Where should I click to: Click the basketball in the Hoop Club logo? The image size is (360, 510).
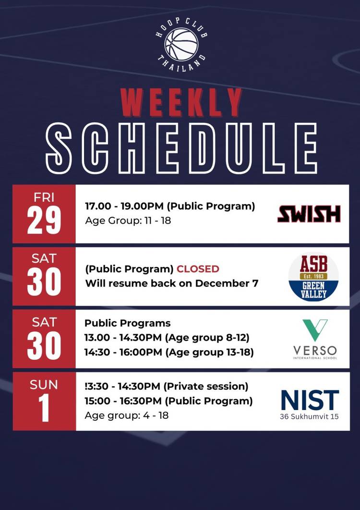(x=181, y=44)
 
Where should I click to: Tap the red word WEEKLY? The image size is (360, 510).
(x=181, y=103)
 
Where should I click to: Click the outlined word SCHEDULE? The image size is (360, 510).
(x=181, y=148)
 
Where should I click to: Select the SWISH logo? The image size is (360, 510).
(x=309, y=214)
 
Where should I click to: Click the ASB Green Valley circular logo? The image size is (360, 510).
(x=313, y=277)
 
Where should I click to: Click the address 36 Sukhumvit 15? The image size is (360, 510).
(x=309, y=416)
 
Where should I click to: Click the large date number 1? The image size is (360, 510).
(x=44, y=408)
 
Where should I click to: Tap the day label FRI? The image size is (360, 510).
(x=44, y=197)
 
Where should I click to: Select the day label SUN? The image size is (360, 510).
(x=44, y=385)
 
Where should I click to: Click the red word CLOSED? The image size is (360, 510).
(x=198, y=269)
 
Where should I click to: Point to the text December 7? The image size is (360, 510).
(x=227, y=283)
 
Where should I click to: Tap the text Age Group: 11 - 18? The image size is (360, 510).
(x=128, y=220)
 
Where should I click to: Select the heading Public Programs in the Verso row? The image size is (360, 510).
(x=128, y=323)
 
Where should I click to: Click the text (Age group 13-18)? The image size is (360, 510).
(x=209, y=352)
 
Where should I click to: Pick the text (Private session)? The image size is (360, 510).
(x=206, y=387)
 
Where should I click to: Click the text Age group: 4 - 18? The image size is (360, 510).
(x=127, y=415)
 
